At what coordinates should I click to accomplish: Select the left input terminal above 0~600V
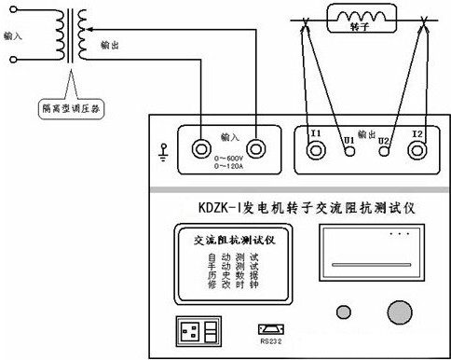click(200, 147)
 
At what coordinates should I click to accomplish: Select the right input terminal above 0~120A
click(255, 147)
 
